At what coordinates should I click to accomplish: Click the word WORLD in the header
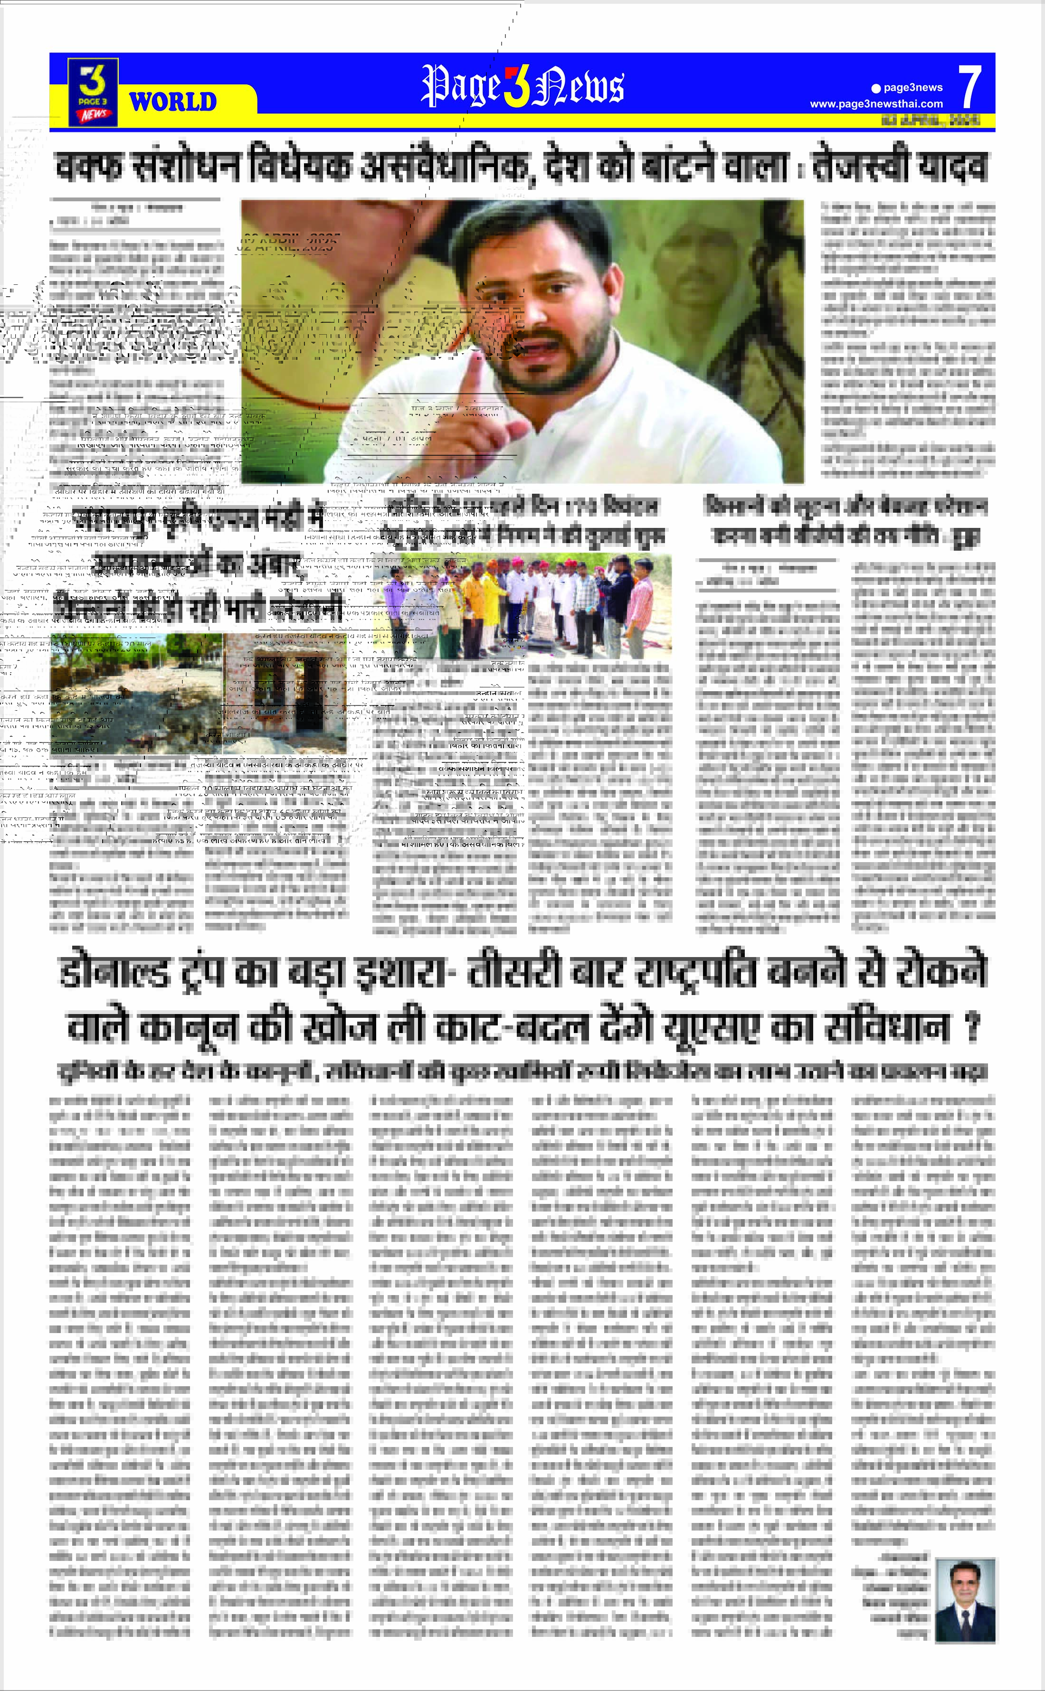tap(173, 102)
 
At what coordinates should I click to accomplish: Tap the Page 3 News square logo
tap(93, 93)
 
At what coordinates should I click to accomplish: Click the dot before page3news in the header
tap(876, 88)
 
